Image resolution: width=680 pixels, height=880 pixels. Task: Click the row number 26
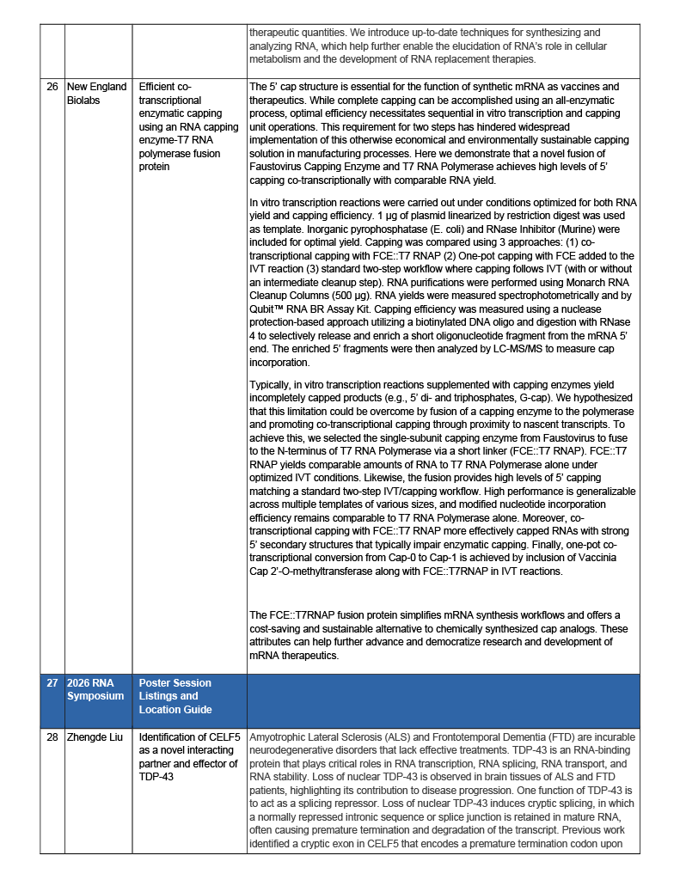pyautogui.click(x=52, y=87)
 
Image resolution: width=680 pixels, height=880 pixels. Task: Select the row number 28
pyautogui.click(x=52, y=737)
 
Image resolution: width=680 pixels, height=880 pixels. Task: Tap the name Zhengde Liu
pyautogui.click(x=94, y=737)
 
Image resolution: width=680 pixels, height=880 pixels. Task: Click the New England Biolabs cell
pyautogui.click(x=96, y=93)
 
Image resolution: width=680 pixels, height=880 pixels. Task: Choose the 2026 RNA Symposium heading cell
pyautogui.click(x=95, y=689)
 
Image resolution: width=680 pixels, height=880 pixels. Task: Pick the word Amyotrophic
pyautogui.click(x=279, y=737)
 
